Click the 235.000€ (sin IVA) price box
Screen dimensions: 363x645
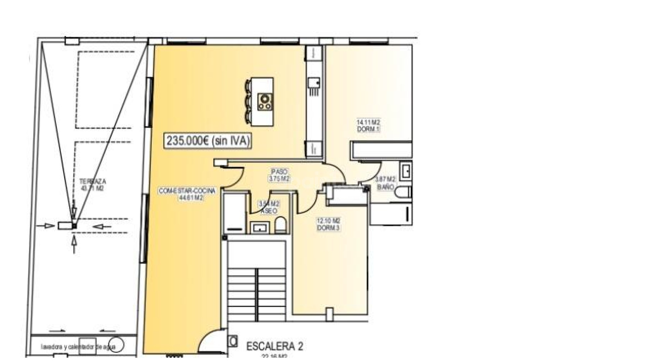(x=208, y=141)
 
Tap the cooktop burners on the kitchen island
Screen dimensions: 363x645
(x=265, y=102)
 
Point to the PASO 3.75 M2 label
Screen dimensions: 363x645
(x=279, y=175)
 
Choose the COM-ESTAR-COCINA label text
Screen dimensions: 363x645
(x=187, y=191)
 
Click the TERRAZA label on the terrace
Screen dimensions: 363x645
(x=92, y=182)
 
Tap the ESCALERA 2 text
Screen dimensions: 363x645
(x=274, y=346)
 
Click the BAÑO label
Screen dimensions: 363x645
(x=385, y=187)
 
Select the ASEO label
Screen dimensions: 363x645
(x=269, y=211)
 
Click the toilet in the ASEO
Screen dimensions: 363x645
(x=281, y=225)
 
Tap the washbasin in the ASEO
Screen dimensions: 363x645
(x=260, y=228)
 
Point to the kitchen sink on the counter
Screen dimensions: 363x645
(x=314, y=83)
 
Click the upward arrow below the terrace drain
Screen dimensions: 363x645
(x=74, y=244)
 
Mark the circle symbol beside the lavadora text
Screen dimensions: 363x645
(x=117, y=345)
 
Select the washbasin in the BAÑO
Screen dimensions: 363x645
(x=406, y=171)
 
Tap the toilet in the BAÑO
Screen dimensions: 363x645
(x=403, y=193)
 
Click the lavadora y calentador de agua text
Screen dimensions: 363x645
(x=78, y=347)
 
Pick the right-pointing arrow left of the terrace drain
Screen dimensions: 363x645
(x=46, y=226)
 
